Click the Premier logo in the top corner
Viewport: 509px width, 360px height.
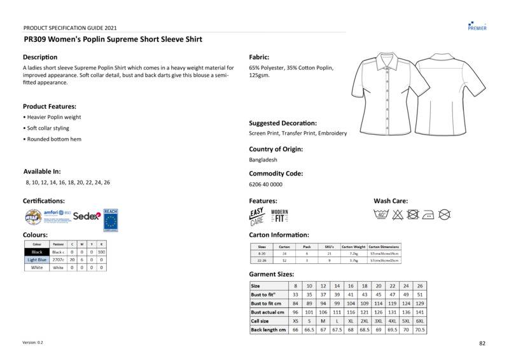[x=477, y=25]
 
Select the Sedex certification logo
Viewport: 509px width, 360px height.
[x=87, y=216]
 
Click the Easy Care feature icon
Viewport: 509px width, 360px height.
[x=257, y=217]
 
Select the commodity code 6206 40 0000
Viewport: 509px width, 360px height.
[x=266, y=184]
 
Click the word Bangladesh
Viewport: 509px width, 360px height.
[x=263, y=160]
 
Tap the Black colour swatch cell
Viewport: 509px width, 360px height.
[x=37, y=253]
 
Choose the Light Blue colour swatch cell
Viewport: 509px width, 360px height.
[x=37, y=260]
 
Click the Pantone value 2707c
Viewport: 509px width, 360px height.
[x=58, y=260]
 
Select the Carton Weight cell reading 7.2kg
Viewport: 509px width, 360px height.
[x=354, y=254]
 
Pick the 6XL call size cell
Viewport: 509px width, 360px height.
[x=420, y=321]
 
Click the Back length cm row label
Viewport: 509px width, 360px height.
[x=268, y=330]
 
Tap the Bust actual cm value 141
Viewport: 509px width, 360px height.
[x=420, y=312]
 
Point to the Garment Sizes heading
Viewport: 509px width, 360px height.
[x=272, y=274]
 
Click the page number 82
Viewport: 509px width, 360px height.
[x=482, y=343]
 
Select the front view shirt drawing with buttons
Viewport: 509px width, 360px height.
[x=387, y=93]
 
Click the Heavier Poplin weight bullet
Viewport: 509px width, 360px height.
[x=53, y=118]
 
